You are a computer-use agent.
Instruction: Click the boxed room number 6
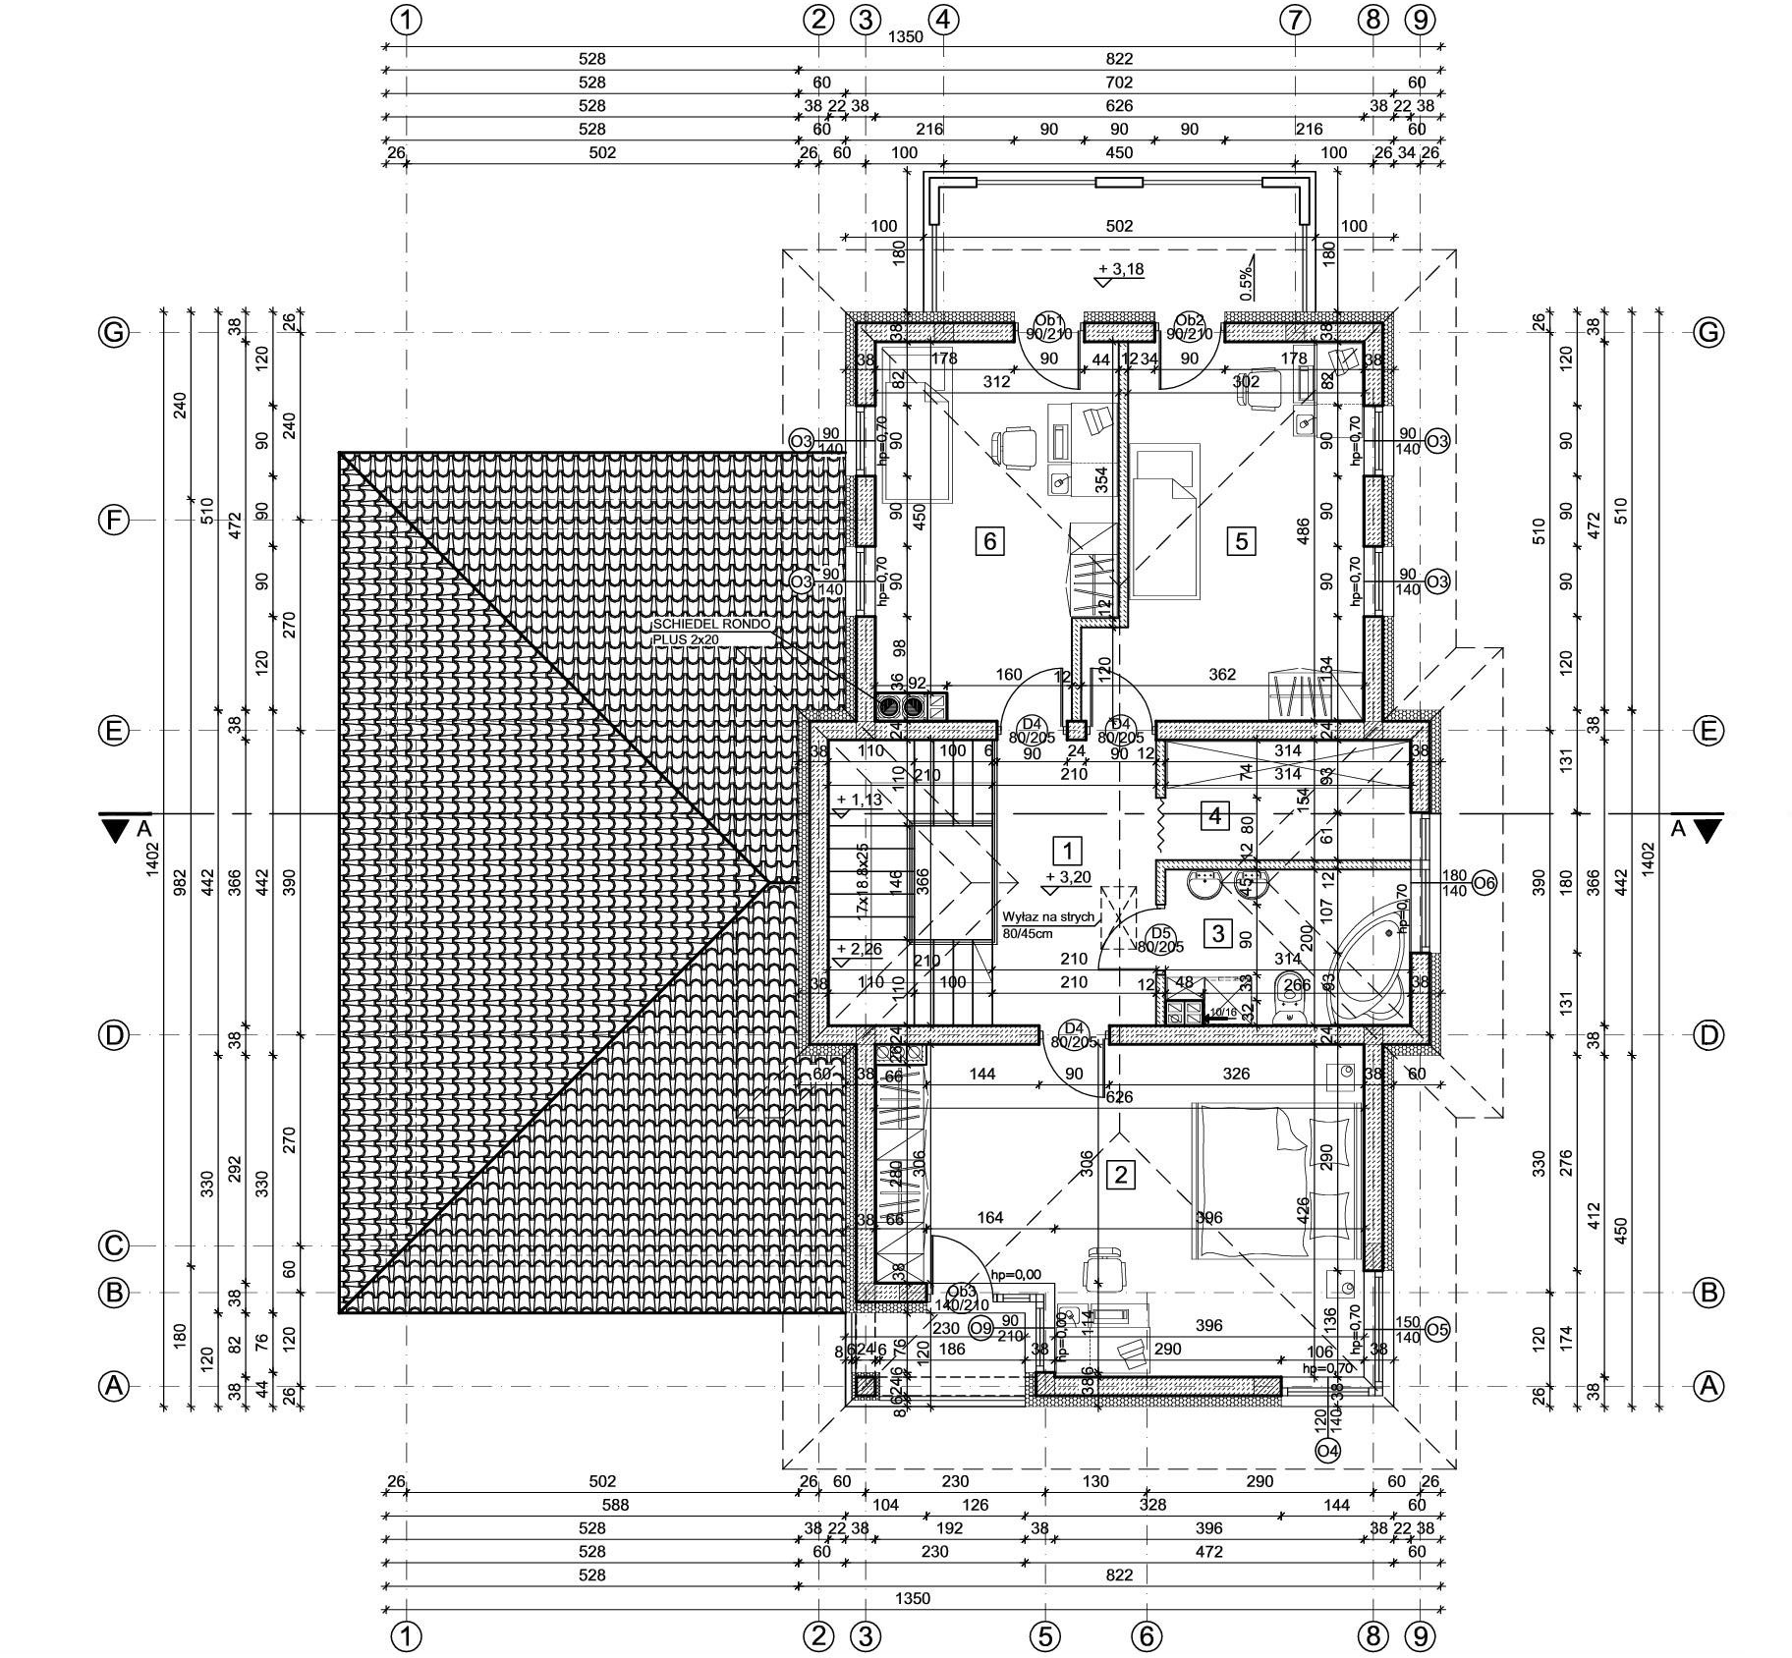[x=989, y=540]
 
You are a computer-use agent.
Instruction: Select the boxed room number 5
[x=1242, y=540]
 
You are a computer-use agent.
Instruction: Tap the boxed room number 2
[x=1121, y=1175]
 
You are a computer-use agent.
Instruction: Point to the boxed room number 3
[x=1218, y=932]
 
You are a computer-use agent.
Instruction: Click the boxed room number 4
[x=1215, y=815]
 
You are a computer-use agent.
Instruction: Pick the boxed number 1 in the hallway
[x=1067, y=850]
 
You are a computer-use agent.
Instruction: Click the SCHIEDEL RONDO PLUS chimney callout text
[x=712, y=632]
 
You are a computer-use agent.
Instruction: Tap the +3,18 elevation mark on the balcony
[x=1121, y=269]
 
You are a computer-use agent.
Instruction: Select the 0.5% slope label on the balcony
[x=1246, y=284]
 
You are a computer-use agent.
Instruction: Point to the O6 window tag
[x=1484, y=883]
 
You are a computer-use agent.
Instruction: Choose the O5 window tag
[x=1437, y=1329]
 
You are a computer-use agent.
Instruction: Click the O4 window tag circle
[x=1327, y=1451]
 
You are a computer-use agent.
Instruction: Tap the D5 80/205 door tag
[x=1161, y=940]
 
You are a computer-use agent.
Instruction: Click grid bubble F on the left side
[x=115, y=520]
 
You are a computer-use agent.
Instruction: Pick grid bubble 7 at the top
[x=1296, y=20]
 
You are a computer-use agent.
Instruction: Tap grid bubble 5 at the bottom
[x=1044, y=1636]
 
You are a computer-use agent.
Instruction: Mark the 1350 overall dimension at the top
[x=905, y=37]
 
